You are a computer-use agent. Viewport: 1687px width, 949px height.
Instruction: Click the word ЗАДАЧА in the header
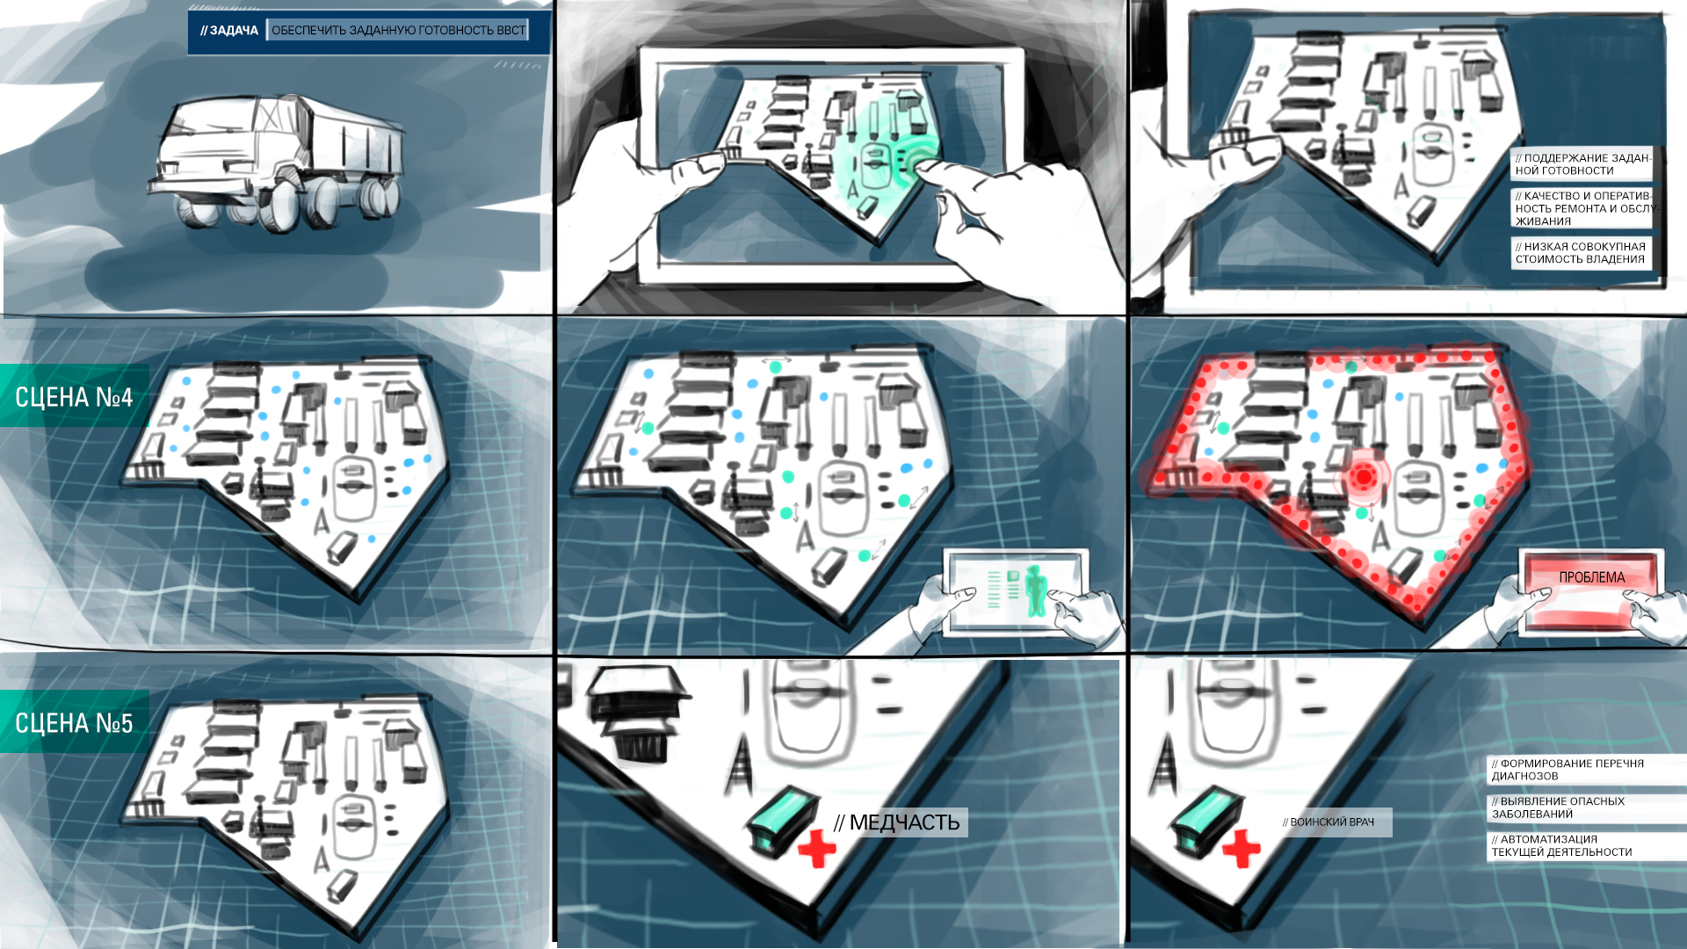(x=234, y=31)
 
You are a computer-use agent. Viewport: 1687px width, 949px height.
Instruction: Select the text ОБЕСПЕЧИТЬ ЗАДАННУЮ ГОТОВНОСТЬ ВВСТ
(x=398, y=31)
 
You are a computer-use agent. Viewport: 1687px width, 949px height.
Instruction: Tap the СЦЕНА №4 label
(x=74, y=397)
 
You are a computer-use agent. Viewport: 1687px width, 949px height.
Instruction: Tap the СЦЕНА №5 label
(x=74, y=723)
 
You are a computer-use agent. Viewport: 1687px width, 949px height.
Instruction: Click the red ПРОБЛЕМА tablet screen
(x=1591, y=587)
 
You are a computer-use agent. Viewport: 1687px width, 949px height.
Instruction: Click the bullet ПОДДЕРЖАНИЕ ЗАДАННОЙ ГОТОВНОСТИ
(x=1582, y=164)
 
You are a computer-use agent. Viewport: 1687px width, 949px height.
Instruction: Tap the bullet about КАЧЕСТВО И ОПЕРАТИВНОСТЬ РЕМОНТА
(x=1584, y=208)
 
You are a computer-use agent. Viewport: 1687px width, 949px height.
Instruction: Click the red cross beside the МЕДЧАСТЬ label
(x=817, y=849)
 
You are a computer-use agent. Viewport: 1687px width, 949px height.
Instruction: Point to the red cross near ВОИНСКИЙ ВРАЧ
(x=1242, y=849)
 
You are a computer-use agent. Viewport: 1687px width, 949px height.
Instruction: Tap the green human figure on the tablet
(x=1036, y=590)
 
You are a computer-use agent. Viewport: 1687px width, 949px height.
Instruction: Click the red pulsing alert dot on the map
(x=1364, y=477)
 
